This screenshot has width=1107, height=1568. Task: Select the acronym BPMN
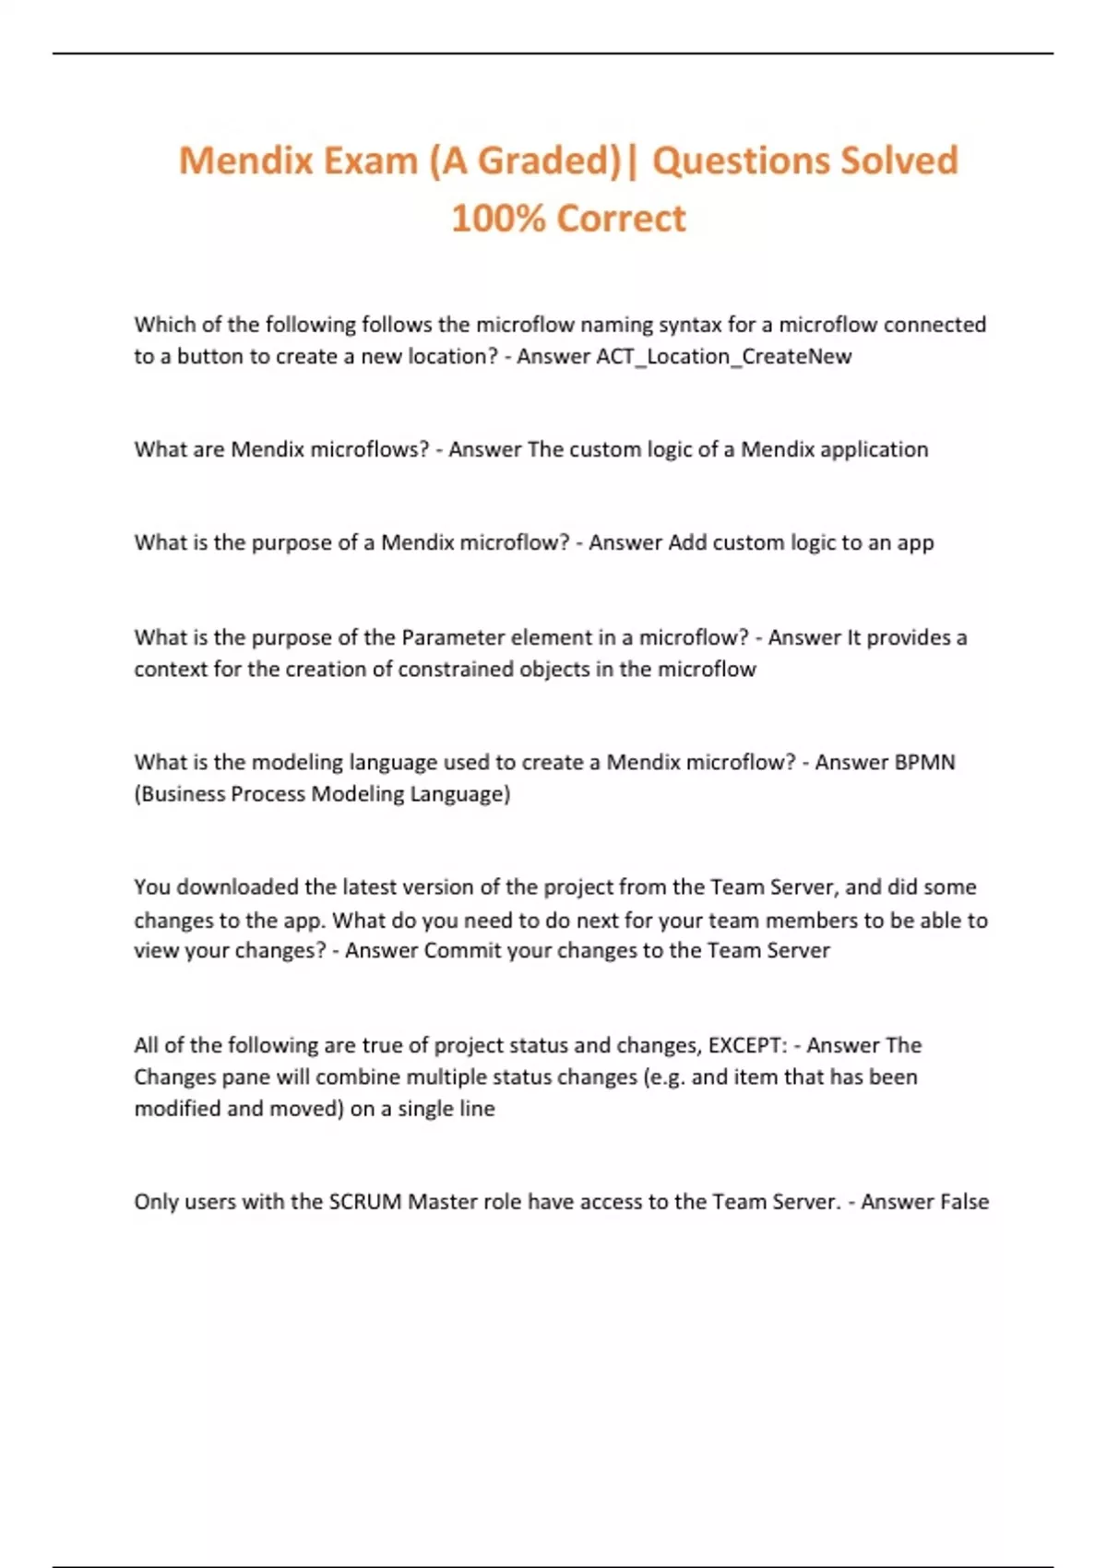[924, 763]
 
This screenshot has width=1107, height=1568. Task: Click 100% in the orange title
[497, 219]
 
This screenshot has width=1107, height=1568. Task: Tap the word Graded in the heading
[548, 160]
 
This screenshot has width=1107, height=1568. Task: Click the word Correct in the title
[622, 219]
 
